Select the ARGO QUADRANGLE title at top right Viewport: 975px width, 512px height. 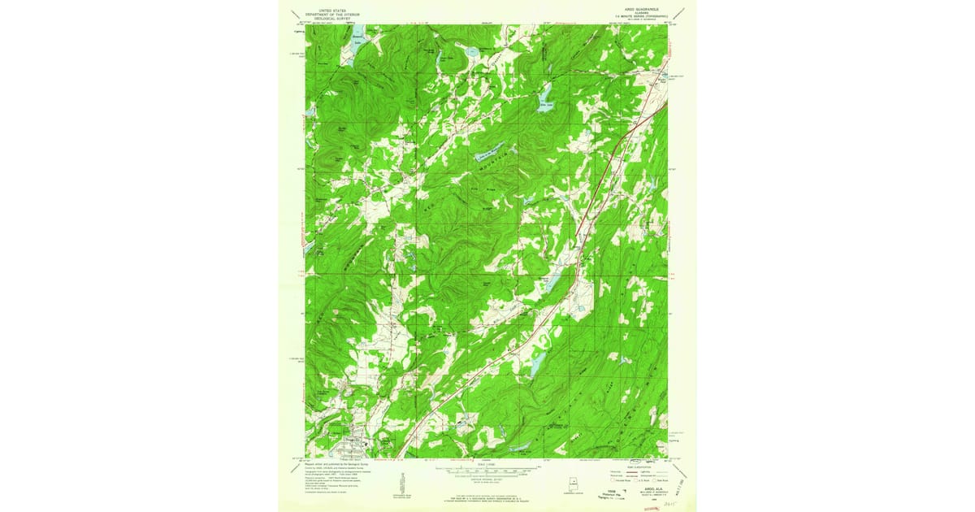coord(638,10)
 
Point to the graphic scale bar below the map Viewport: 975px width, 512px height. coord(487,469)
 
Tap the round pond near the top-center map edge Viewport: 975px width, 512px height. coord(471,52)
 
